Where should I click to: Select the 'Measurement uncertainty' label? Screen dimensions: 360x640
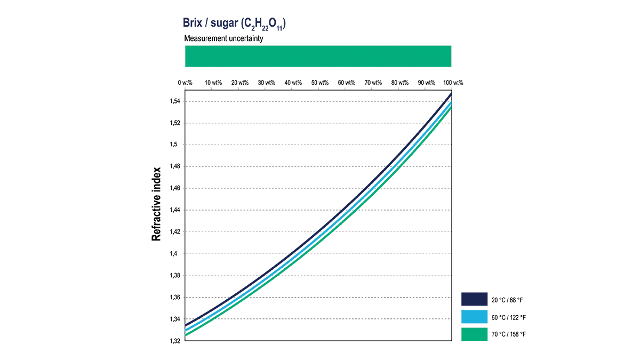pyautogui.click(x=223, y=39)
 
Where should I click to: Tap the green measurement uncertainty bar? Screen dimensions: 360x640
pyautogui.click(x=318, y=56)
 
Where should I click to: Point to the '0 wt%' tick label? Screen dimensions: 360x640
pyautogui.click(x=185, y=83)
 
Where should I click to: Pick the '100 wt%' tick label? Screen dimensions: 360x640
pyautogui.click(x=453, y=83)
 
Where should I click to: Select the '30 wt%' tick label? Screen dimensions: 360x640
pyautogui.click(x=266, y=83)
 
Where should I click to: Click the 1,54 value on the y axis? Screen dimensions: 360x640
pyautogui.click(x=174, y=101)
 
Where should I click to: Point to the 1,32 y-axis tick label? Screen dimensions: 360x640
pyautogui.click(x=174, y=341)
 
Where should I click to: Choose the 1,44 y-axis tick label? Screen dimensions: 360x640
pyautogui.click(x=174, y=210)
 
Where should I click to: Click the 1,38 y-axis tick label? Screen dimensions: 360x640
pyautogui.click(x=174, y=276)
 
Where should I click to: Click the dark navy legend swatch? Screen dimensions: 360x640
pyautogui.click(x=474, y=300)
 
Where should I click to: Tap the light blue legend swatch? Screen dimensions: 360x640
pyautogui.click(x=474, y=317)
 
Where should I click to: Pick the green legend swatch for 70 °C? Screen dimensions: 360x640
pyautogui.click(x=474, y=334)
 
